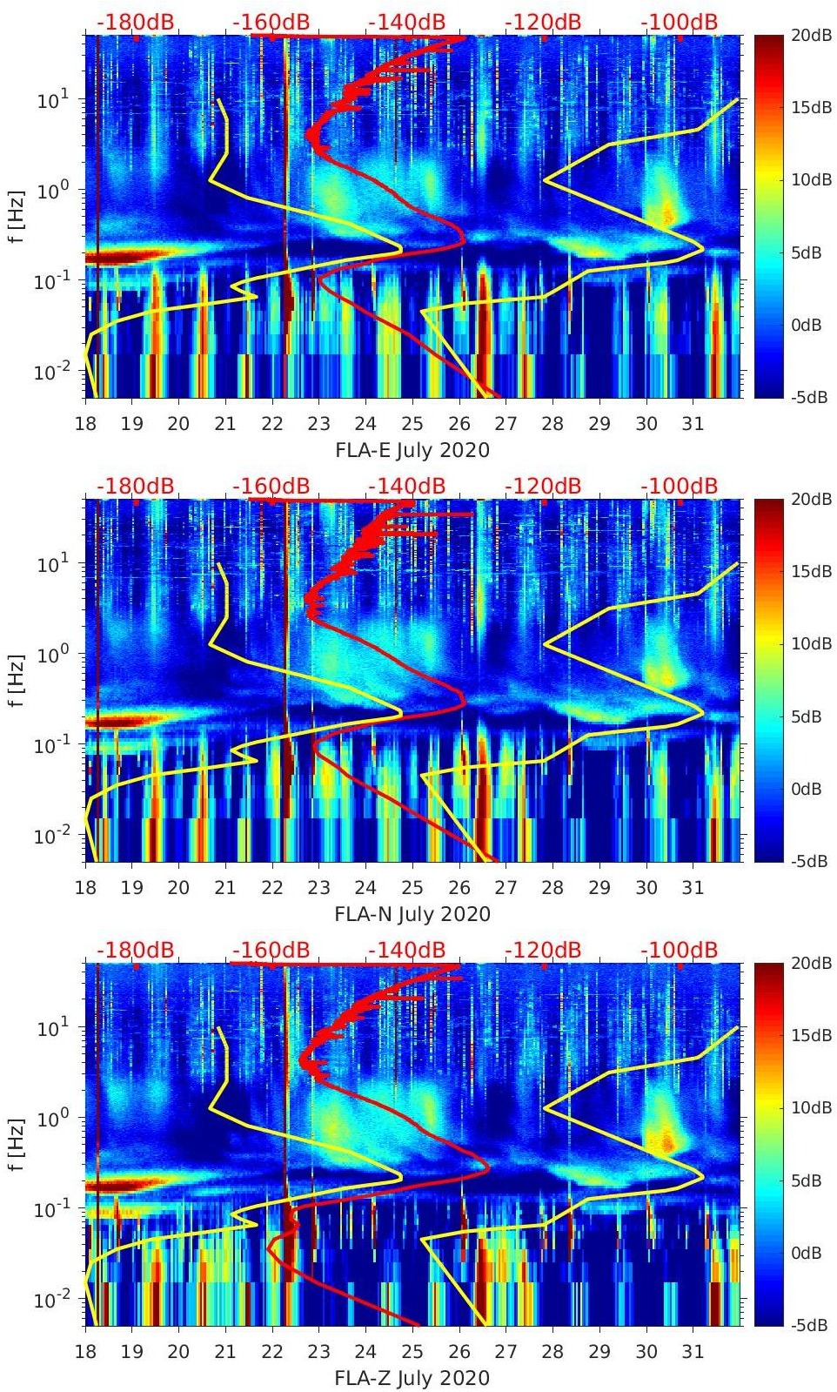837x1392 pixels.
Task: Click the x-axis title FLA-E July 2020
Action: point(412,450)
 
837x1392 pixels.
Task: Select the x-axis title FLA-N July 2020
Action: point(412,914)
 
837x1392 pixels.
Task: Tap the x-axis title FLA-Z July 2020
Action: point(412,1378)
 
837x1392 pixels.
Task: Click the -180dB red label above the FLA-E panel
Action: point(135,22)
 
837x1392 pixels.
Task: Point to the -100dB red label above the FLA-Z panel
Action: point(680,950)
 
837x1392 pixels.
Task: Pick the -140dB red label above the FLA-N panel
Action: point(406,486)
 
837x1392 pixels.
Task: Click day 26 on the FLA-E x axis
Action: point(459,424)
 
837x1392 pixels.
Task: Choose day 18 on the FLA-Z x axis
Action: point(85,1352)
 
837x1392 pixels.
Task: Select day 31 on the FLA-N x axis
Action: point(693,888)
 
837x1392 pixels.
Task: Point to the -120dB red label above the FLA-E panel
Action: point(543,22)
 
